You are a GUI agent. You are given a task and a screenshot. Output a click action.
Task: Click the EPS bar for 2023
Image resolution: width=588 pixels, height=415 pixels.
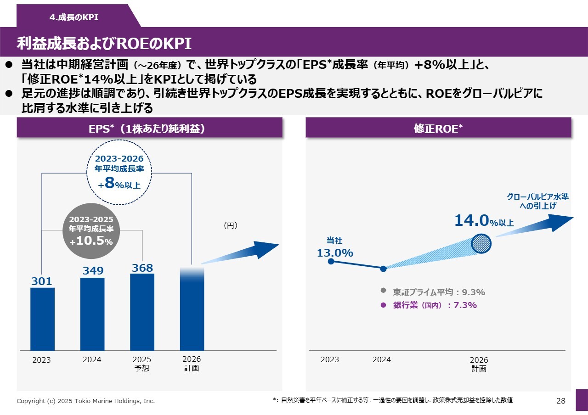click(x=42, y=319)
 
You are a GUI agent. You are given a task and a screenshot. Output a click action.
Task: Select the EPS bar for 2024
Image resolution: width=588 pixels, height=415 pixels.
click(x=92, y=314)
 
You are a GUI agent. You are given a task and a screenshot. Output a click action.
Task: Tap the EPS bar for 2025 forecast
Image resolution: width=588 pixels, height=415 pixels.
click(x=142, y=312)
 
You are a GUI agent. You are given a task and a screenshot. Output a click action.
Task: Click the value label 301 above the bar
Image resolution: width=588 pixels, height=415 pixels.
click(x=42, y=281)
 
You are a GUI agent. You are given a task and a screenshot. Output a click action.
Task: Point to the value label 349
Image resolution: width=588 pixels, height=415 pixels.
click(x=93, y=271)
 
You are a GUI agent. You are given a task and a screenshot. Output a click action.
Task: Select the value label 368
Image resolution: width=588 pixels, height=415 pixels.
click(x=142, y=268)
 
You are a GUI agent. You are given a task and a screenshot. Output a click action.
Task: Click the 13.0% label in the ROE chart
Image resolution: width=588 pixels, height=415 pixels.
click(x=335, y=252)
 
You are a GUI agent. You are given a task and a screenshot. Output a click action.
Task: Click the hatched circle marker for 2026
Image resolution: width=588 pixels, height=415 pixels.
click(x=481, y=243)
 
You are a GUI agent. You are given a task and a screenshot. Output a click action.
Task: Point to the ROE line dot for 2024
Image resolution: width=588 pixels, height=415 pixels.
click(x=384, y=269)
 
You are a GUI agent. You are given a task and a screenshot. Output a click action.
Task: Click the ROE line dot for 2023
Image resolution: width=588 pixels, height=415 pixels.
click(x=331, y=261)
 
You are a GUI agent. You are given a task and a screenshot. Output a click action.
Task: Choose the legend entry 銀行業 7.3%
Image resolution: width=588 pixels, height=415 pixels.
click(x=430, y=305)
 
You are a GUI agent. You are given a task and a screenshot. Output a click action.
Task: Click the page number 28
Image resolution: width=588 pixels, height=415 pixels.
click(x=560, y=401)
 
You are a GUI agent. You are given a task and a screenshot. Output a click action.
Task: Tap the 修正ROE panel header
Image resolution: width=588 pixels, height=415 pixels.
click(x=438, y=129)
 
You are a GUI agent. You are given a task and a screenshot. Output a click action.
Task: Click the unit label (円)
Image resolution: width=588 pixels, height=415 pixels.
click(x=230, y=225)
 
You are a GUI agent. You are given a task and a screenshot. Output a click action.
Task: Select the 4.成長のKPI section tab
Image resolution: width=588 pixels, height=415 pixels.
click(x=74, y=17)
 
